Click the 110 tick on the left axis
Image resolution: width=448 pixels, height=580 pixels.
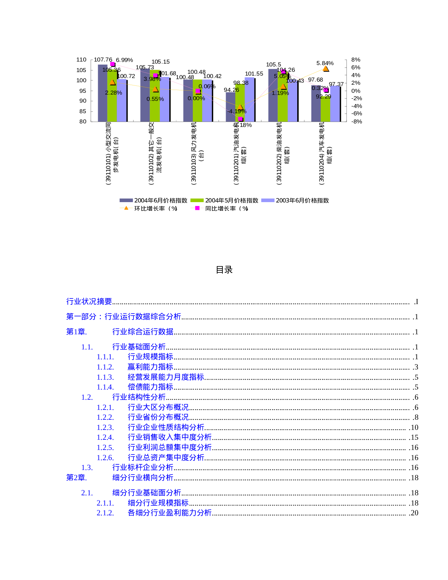pyautogui.click(x=81, y=60)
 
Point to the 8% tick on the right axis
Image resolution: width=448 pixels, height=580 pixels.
pyautogui.click(x=356, y=60)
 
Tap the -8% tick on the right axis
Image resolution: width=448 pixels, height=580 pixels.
pyautogui.click(x=356, y=122)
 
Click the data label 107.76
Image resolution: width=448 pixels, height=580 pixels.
pyautogui.click(x=103, y=60)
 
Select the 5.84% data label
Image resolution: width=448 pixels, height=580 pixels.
pyautogui.click(x=325, y=63)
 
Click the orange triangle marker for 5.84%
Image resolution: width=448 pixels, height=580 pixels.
pyautogui.click(x=326, y=69)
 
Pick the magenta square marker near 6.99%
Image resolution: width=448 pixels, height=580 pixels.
pyautogui.click(x=112, y=64)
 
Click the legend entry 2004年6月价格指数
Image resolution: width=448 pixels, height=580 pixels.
pyautogui.click(x=154, y=200)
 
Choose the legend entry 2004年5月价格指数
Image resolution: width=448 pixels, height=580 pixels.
pyautogui.click(x=225, y=200)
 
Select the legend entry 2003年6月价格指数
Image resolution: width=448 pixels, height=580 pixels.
pyautogui.click(x=295, y=200)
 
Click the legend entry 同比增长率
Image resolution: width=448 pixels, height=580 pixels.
pyautogui.click(x=220, y=208)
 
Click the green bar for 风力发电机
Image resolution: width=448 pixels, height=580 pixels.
pyautogui.click(x=197, y=102)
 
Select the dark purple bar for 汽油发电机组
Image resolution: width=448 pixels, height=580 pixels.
pyautogui.click(x=230, y=107)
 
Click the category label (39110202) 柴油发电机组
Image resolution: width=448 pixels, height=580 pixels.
pyautogui.click(x=283, y=153)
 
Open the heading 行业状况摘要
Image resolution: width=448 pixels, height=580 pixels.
pyautogui.click(x=89, y=302)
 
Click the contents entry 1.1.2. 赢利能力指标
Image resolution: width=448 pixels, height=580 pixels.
pyautogui.click(x=150, y=367)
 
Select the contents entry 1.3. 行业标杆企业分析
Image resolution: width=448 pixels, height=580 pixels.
pyautogui.click(x=142, y=468)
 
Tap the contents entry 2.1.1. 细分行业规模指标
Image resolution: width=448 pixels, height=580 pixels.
pyautogui.click(x=158, y=503)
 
